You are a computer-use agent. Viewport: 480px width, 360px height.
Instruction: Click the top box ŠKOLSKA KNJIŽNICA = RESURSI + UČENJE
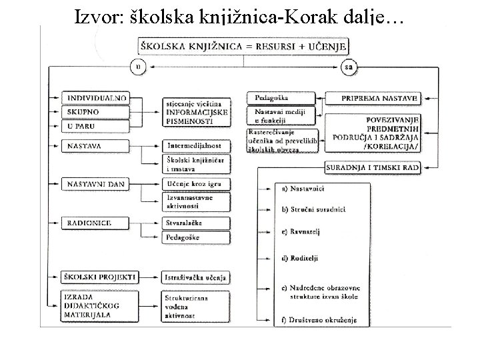[x=243, y=45]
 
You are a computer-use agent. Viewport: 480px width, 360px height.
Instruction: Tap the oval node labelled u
[x=139, y=67]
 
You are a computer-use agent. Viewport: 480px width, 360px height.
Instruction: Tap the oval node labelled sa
[x=348, y=67]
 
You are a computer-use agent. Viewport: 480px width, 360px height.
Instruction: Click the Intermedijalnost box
[x=196, y=145]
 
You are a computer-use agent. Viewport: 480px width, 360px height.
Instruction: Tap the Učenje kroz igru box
[x=196, y=183]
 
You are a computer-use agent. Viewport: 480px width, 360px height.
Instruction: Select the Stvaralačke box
[x=196, y=222]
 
